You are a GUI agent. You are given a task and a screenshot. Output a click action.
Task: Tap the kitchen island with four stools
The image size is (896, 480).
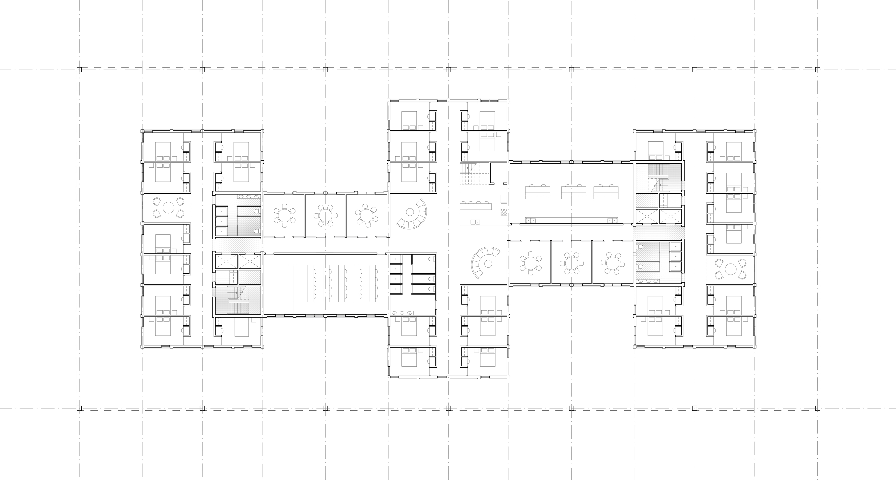pyautogui.click(x=476, y=206)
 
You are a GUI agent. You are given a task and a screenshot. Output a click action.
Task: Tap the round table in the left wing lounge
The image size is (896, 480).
pyautogui.click(x=168, y=208)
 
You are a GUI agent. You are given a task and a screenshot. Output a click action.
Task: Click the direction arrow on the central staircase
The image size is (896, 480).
pyautogui.click(x=468, y=168)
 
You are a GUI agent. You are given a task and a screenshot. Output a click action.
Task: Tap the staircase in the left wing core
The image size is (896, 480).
pyautogui.click(x=238, y=299)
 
